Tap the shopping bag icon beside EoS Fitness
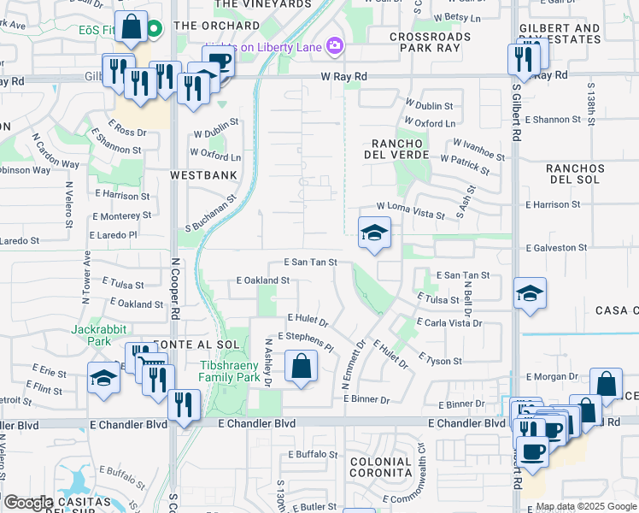(132, 27)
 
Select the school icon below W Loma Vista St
(373, 233)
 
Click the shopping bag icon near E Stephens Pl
(302, 368)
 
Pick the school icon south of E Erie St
(104, 379)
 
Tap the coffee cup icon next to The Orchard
(218, 62)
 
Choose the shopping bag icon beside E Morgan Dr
(606, 385)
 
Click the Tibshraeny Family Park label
(230, 371)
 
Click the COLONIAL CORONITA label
(380, 467)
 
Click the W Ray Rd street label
(343, 77)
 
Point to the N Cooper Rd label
(173, 291)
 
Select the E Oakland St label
(262, 280)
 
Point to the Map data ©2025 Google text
(585, 507)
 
